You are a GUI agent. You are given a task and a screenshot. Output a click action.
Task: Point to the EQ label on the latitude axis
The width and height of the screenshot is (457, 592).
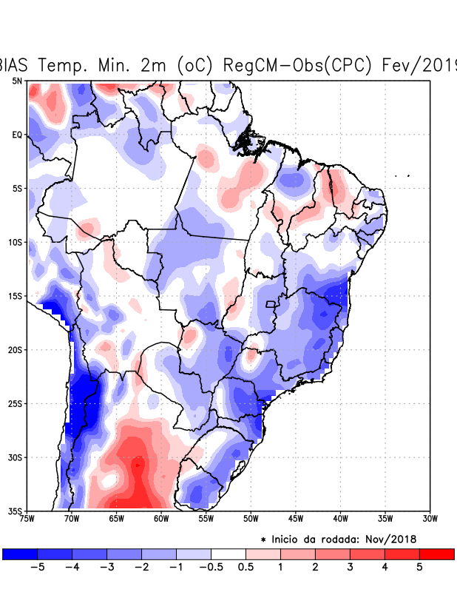[x=18, y=135]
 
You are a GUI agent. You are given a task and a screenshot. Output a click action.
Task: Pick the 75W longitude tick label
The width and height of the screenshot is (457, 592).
[x=27, y=519]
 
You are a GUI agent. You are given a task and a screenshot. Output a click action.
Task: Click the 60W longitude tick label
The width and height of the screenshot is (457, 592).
[x=160, y=519]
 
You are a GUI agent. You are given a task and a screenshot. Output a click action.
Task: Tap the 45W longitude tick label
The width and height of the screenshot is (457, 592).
[x=295, y=519]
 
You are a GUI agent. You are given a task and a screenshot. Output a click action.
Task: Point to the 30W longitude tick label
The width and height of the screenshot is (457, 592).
[x=429, y=519]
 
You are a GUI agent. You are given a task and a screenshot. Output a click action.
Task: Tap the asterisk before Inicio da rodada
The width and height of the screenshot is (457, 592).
[x=263, y=540]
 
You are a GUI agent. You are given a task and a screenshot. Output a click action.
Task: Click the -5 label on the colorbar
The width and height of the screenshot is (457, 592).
[x=37, y=568]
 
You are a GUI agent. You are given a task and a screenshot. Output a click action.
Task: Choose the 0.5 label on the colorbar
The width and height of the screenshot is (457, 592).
[x=246, y=568]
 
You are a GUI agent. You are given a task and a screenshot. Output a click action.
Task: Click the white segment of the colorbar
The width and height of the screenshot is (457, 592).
[x=228, y=554]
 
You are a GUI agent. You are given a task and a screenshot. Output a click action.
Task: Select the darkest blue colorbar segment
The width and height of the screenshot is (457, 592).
[x=20, y=554]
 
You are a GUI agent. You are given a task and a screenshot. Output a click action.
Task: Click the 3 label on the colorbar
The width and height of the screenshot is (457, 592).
[x=351, y=568]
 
